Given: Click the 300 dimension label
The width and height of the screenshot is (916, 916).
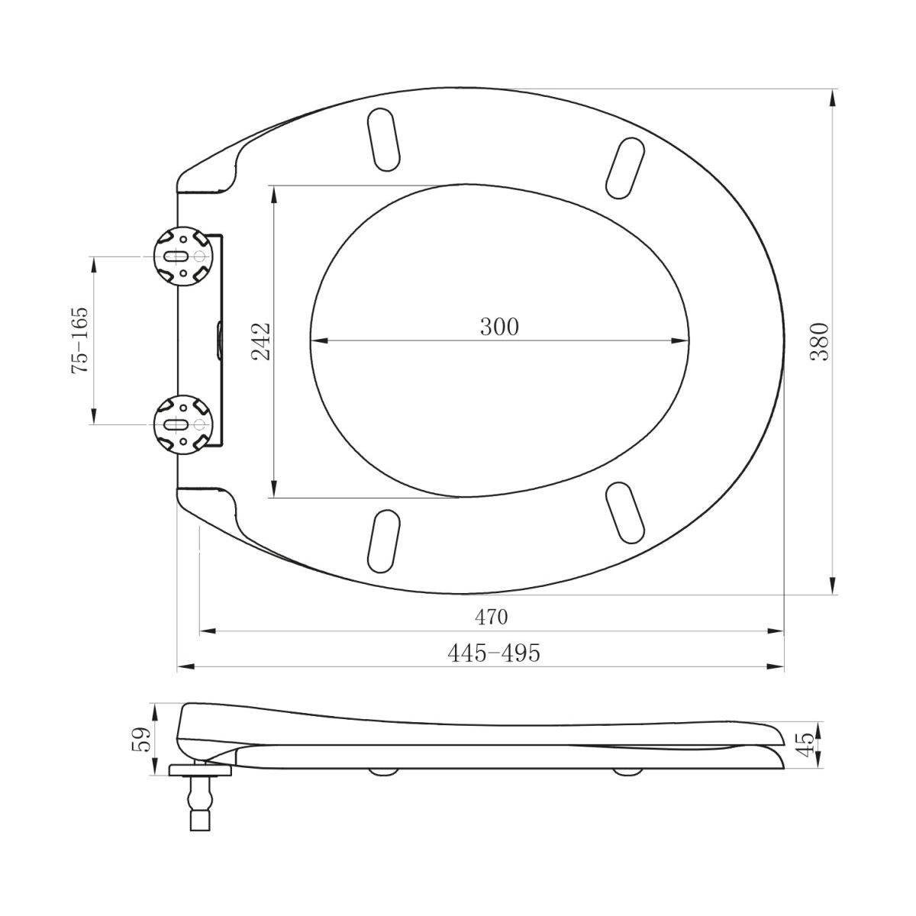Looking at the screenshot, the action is [x=499, y=327].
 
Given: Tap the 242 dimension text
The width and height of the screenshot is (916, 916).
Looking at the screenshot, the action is [x=261, y=341].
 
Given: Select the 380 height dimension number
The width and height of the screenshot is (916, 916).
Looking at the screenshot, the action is [x=820, y=341].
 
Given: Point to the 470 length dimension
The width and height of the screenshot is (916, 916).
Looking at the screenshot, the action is [x=491, y=617].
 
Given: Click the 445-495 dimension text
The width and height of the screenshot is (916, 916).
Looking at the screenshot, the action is [x=494, y=653].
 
